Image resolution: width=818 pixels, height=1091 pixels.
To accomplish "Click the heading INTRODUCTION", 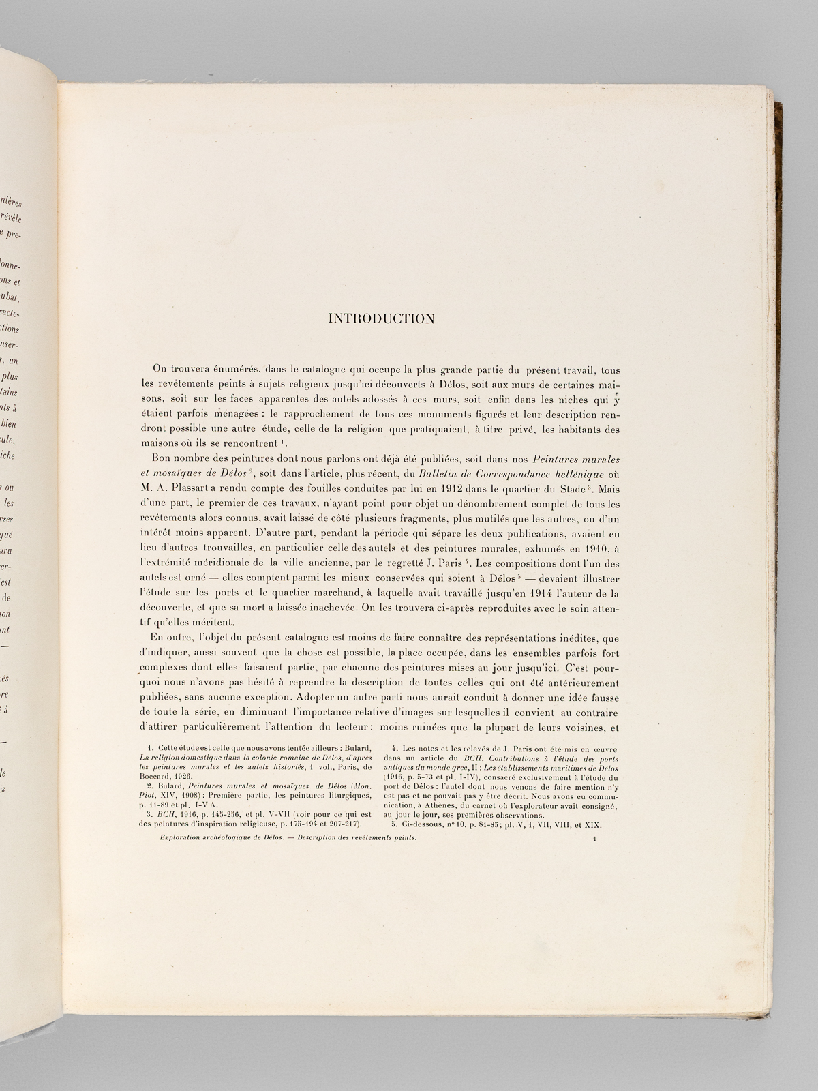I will (x=381, y=318).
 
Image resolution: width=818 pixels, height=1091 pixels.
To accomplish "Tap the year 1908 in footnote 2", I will (x=202, y=795).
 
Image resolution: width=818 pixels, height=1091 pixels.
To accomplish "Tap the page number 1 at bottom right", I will (x=595, y=841).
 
